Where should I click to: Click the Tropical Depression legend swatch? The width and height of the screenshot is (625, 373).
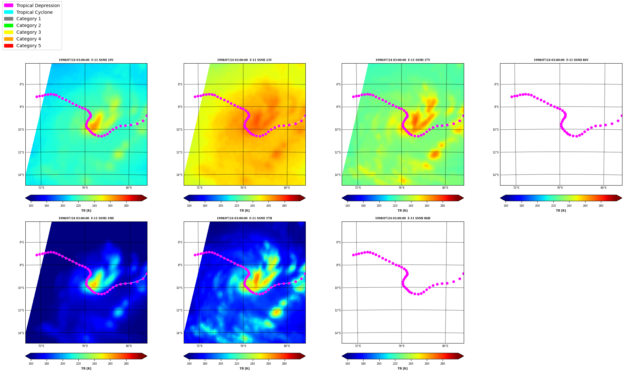(9, 5)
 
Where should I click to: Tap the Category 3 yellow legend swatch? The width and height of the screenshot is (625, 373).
(9, 32)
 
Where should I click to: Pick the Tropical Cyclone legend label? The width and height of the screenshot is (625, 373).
(34, 12)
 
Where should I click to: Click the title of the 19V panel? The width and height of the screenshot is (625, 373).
(86, 60)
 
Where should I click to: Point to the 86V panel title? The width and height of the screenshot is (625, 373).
(561, 60)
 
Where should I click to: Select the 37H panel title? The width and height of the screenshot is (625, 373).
(244, 218)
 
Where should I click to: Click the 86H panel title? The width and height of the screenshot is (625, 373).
(403, 218)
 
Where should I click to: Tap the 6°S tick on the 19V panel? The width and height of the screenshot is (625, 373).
(22, 84)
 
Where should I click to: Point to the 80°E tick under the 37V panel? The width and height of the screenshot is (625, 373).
(445, 188)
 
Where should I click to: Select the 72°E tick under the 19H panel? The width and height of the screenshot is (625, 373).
(41, 346)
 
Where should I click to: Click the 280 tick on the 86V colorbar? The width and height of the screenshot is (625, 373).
(601, 206)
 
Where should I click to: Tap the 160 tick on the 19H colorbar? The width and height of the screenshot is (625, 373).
(31, 364)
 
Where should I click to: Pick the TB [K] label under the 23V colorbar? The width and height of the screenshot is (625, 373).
(244, 211)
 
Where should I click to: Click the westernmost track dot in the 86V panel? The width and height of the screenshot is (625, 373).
(512, 97)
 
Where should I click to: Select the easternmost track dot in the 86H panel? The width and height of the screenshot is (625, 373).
(463, 273)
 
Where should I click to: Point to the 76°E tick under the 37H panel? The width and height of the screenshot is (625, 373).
(243, 346)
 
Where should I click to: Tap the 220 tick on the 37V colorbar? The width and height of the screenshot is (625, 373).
(395, 206)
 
